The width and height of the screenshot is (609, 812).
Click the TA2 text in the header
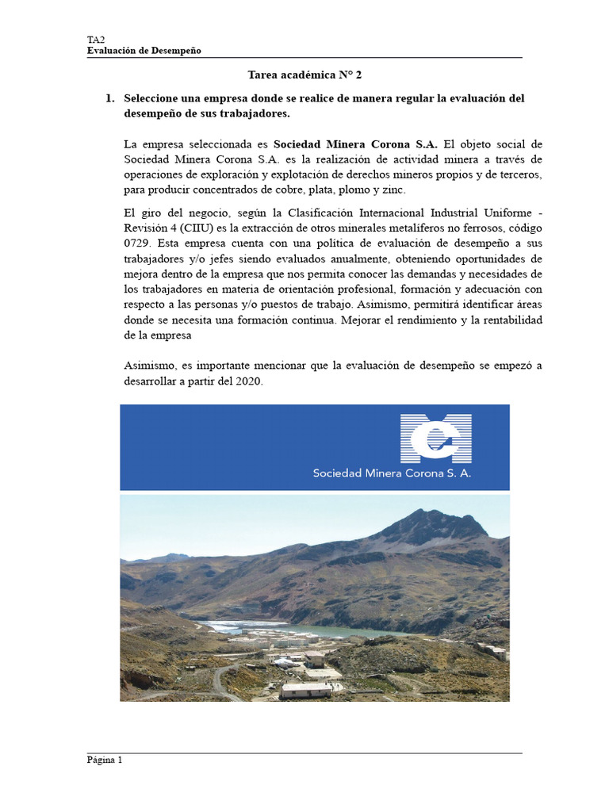tap(94, 40)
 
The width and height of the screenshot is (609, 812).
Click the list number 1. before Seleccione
tap(110, 98)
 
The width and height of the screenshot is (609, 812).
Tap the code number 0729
tap(138, 243)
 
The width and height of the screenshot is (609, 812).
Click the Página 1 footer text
tap(105, 760)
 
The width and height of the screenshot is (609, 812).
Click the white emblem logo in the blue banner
tap(436, 437)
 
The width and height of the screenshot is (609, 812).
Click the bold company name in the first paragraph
tap(355, 144)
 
